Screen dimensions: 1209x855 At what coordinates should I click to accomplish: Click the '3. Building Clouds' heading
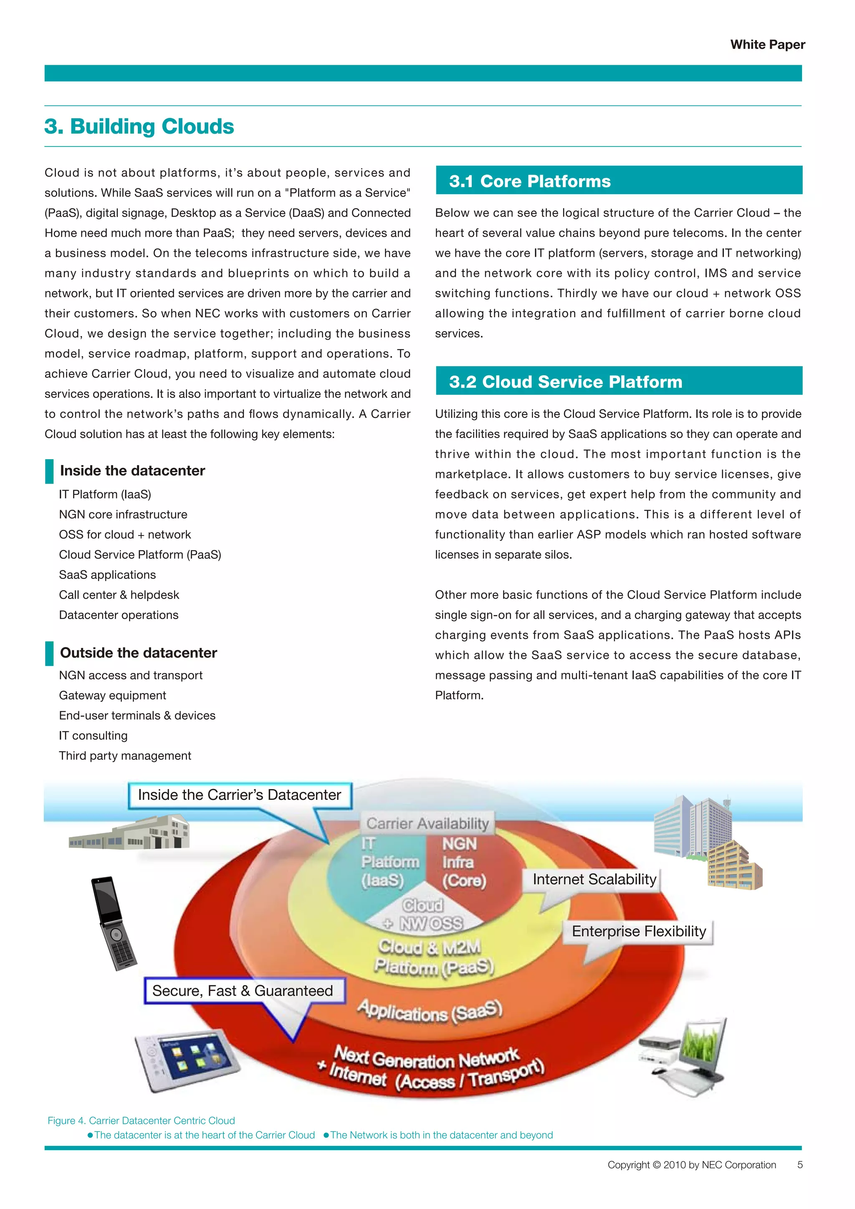139,127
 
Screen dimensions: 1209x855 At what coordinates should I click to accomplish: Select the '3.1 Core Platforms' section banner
619,181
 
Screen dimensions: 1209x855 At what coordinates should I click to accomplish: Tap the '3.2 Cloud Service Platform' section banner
619,381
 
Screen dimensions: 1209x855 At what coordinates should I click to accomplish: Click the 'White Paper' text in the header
767,45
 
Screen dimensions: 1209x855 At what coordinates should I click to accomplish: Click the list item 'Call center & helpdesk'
119,595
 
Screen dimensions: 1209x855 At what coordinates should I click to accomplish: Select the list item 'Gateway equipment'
112,696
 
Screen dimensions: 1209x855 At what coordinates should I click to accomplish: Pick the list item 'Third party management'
125,756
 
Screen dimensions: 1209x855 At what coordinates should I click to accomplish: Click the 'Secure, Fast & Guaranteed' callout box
243,991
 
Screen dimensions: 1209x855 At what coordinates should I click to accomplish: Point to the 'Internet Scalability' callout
594,879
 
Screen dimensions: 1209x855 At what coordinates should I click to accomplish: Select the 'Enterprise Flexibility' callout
639,931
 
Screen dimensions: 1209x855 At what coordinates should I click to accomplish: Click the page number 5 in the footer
800,1165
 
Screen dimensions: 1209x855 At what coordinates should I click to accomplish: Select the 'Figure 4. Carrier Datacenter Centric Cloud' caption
141,1120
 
